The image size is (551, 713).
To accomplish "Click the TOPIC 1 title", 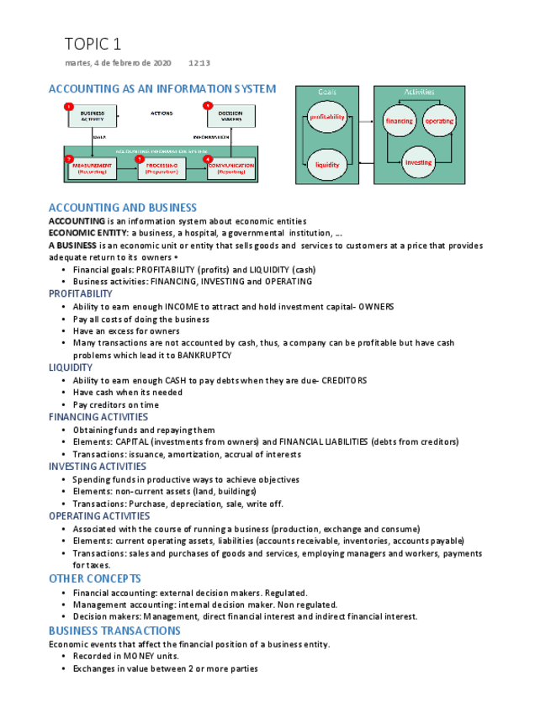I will (x=93, y=44).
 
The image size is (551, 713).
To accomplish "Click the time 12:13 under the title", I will (x=199, y=63).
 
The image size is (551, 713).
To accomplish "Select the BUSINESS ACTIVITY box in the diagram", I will (x=93, y=116).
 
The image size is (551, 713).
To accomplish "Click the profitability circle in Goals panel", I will (x=327, y=118).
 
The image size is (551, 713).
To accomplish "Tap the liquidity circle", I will (x=327, y=166).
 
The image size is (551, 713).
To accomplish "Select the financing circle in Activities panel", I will (x=399, y=121).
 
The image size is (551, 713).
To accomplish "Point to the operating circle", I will (x=439, y=121).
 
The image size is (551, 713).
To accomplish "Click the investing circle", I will (x=418, y=162).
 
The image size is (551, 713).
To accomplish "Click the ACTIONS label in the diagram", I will (x=162, y=113).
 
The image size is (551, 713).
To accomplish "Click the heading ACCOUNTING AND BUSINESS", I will (x=123, y=208).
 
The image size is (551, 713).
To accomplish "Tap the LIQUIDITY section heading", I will (x=71, y=367).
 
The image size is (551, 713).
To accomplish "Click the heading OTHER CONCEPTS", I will (x=94, y=578).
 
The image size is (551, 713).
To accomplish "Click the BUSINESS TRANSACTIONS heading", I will (x=114, y=631).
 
